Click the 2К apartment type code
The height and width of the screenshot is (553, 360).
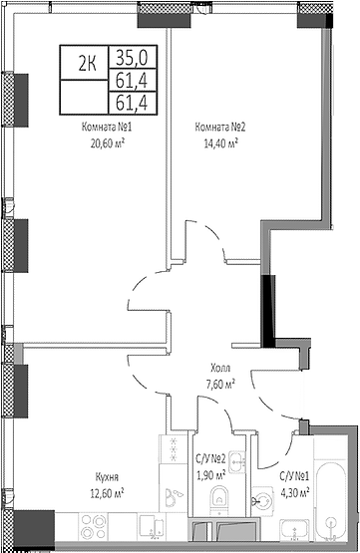click(x=87, y=62)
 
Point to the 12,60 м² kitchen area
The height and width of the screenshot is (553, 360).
click(x=106, y=492)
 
